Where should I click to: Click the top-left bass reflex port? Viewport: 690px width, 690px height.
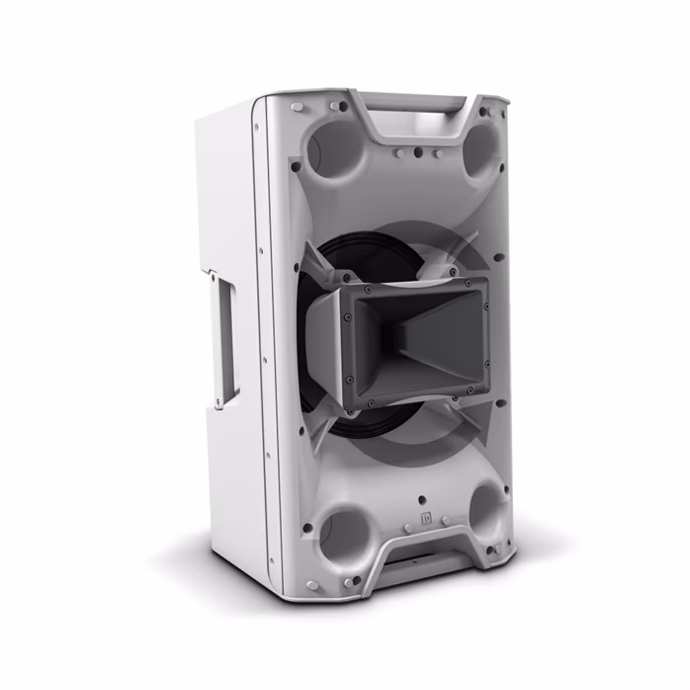pos(337,149)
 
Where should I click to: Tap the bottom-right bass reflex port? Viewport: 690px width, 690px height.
pos(487,509)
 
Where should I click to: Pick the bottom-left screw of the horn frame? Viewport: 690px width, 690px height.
pos(370,401)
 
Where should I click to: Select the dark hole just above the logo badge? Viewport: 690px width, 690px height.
pos(422,499)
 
